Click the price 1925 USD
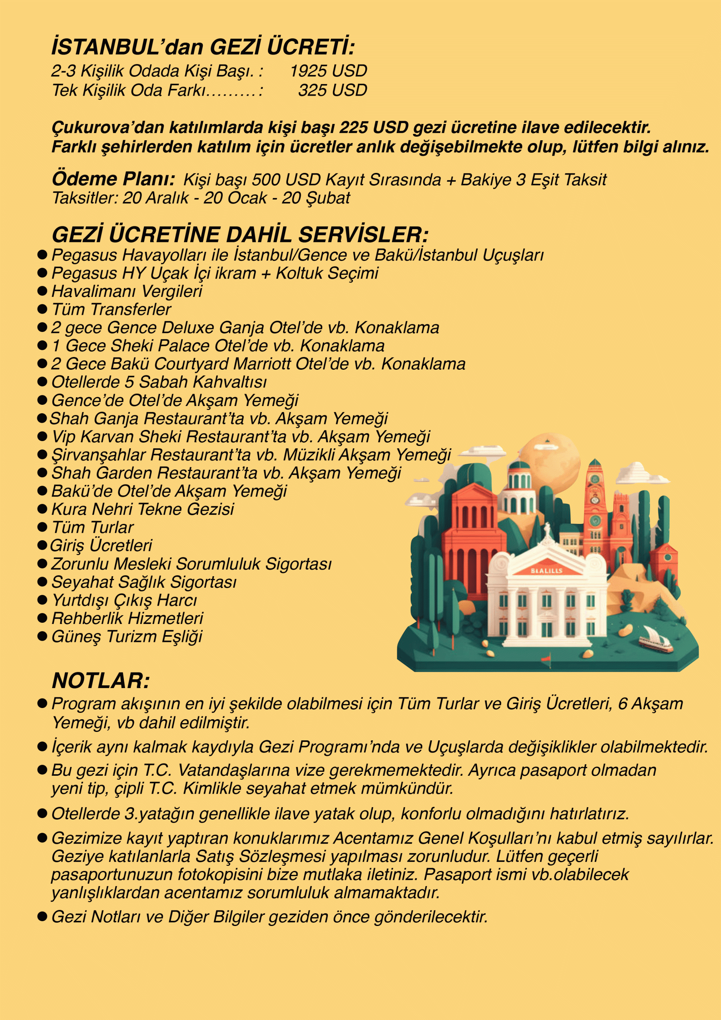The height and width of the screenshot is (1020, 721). (328, 71)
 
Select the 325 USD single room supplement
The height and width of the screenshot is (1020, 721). (332, 90)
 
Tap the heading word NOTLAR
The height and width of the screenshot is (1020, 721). (100, 680)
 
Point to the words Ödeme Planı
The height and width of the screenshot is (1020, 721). (113, 179)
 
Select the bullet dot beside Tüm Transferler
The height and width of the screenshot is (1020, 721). (42, 309)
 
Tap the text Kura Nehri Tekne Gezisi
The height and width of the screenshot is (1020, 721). (143, 509)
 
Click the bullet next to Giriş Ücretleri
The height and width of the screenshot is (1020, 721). (42, 545)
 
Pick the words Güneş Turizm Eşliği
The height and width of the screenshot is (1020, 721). (127, 636)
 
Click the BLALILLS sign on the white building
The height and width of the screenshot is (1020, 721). (547, 570)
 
